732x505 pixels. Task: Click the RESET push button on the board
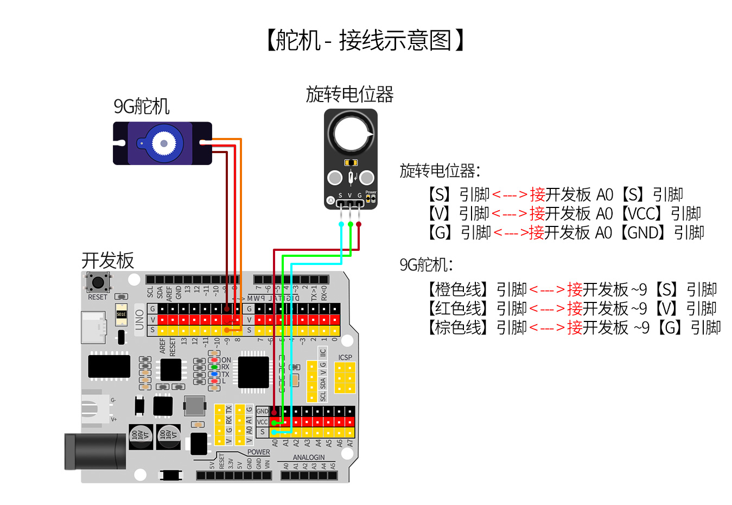point(98,282)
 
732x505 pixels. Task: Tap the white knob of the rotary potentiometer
point(353,133)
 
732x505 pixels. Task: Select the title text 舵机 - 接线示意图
point(366,40)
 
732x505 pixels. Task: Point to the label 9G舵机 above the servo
point(141,106)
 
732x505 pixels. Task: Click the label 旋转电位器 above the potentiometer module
point(349,94)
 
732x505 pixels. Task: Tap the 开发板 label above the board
point(107,260)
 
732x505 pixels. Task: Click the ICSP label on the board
point(345,357)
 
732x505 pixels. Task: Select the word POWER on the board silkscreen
point(258,452)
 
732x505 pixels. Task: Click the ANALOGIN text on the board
point(309,457)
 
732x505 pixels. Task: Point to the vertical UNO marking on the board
point(139,320)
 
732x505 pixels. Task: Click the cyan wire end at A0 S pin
point(274,432)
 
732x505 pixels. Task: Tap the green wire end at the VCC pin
point(274,422)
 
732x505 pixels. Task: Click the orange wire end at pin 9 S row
point(227,330)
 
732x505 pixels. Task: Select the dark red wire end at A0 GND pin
point(275,412)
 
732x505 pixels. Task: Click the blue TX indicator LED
point(214,374)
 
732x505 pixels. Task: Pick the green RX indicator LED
point(214,367)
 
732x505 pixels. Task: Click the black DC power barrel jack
point(96,451)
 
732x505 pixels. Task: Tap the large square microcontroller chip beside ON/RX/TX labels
point(253,372)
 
